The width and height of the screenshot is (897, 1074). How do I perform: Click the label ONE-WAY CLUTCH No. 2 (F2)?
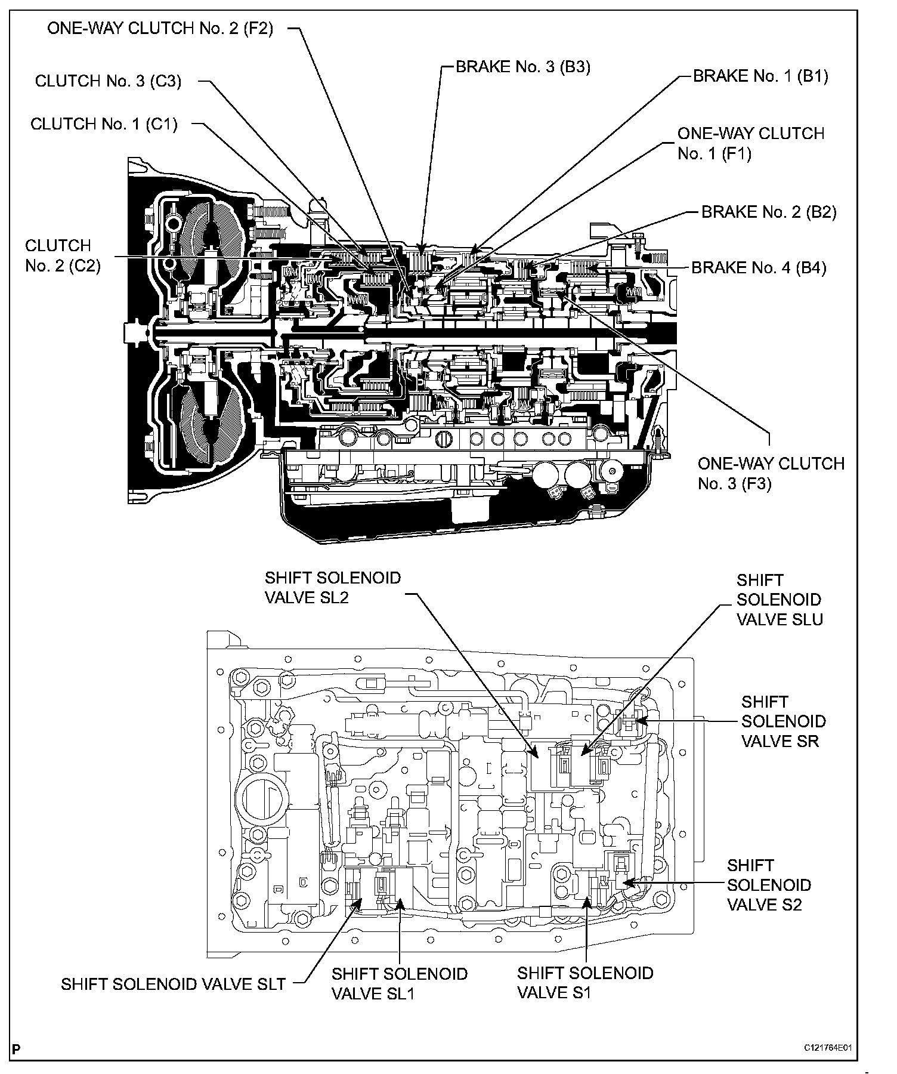point(160,29)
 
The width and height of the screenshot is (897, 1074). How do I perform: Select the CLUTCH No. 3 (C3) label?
point(108,81)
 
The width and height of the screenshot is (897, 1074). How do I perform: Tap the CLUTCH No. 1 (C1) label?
point(104,124)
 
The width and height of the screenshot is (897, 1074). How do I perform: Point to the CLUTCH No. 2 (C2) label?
point(63,255)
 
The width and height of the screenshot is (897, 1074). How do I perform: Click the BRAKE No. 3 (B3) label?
point(522,67)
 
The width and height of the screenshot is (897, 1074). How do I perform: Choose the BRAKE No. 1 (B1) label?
point(760,76)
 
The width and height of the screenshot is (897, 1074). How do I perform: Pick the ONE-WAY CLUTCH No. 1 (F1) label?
point(750,143)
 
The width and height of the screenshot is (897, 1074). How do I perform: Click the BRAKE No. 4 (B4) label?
point(759,267)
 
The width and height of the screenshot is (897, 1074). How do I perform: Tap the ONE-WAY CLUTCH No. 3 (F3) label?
point(771,473)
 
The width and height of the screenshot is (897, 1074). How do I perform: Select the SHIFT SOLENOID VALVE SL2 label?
point(332,588)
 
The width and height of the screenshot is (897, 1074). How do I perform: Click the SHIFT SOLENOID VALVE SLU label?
point(779,600)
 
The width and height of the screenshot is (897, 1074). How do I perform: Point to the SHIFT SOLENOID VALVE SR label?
point(783,721)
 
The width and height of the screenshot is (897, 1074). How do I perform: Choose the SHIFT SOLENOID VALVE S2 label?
point(769,885)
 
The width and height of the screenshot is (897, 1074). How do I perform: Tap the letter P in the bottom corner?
point(16,1049)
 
